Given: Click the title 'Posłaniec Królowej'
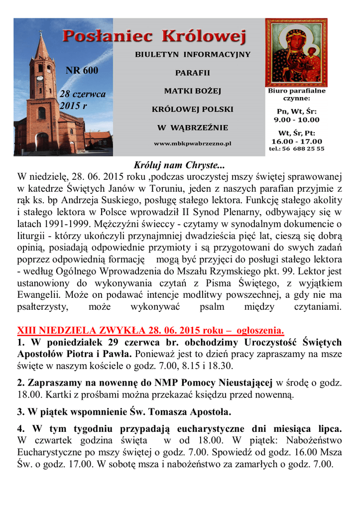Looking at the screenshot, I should click(x=154, y=36).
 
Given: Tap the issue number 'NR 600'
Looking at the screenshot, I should click(x=82, y=70).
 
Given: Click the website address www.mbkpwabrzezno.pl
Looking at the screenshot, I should click(x=192, y=143).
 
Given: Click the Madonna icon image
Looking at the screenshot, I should click(x=296, y=52).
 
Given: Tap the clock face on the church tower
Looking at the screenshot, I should click(x=39, y=78).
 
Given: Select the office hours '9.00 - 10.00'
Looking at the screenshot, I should click(x=296, y=120).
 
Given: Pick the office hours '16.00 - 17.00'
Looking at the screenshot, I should click(x=296, y=141).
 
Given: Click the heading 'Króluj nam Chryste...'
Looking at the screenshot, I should click(x=179, y=165).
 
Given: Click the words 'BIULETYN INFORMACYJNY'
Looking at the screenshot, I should click(x=193, y=54).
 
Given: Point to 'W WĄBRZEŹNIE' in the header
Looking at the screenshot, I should click(x=193, y=127).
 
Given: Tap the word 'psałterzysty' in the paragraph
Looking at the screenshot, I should click(x=42, y=307).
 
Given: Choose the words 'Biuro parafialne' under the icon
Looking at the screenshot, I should click(x=296, y=91).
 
